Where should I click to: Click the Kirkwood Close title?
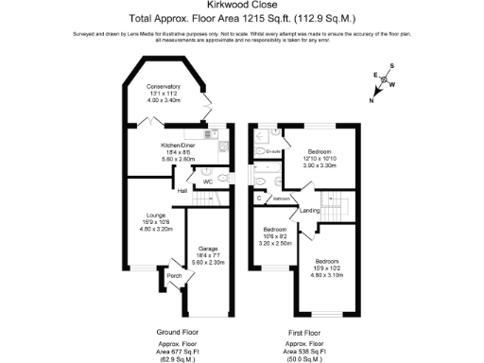242,8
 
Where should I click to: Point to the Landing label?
310,211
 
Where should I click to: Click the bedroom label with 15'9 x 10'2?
327,261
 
